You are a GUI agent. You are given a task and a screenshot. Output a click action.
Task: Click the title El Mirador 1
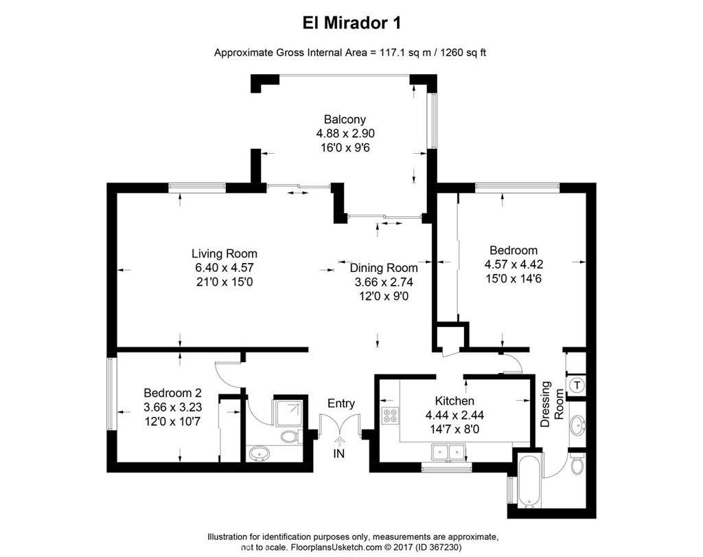click(x=351, y=23)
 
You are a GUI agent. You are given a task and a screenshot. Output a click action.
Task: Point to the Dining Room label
click(x=383, y=268)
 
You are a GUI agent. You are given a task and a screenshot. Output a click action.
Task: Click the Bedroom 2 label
click(x=172, y=393)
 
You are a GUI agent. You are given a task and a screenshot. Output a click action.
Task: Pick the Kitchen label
click(x=454, y=400)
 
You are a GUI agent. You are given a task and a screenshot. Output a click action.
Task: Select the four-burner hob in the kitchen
click(x=389, y=415)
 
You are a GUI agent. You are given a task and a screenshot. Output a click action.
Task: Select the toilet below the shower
click(x=288, y=436)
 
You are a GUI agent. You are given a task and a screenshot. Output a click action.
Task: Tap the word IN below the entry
click(x=338, y=454)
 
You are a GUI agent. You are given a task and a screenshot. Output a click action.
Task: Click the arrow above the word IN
click(x=338, y=440)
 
